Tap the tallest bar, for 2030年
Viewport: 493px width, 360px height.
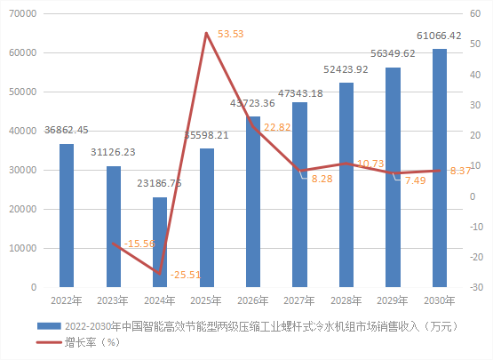coord(440,168)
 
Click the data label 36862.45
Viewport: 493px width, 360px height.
coord(67,131)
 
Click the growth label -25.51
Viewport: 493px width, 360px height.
coord(186,275)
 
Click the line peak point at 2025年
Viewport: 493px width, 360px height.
coord(207,34)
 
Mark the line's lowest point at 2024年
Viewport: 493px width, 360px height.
coord(160,273)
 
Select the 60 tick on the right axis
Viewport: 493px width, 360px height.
coord(476,13)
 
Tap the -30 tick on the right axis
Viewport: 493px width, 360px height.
coord(475,288)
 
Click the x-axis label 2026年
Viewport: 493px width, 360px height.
coord(253,300)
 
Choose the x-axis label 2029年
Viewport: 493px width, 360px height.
coord(393,300)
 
